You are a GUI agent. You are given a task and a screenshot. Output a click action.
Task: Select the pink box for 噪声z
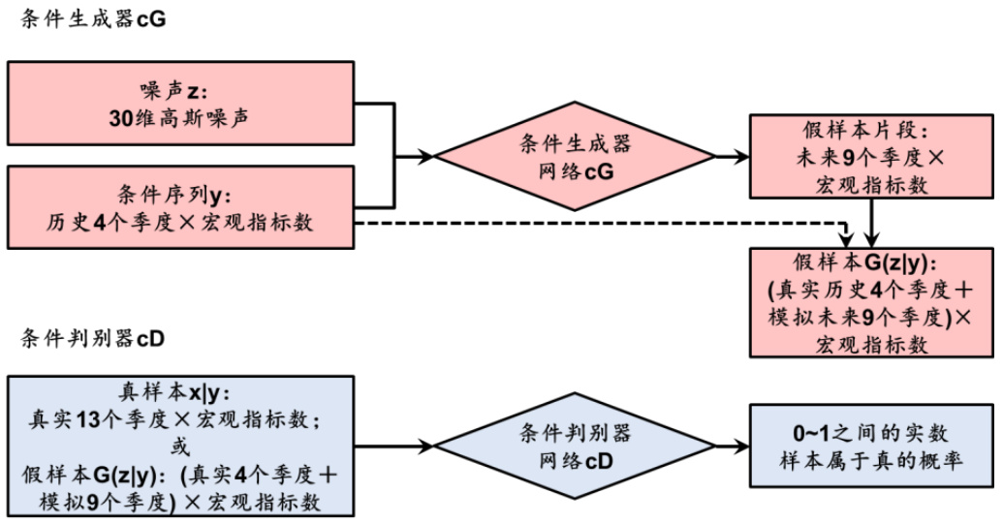(x=180, y=105)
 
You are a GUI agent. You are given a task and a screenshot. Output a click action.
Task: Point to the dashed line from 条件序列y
(x=601, y=223)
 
